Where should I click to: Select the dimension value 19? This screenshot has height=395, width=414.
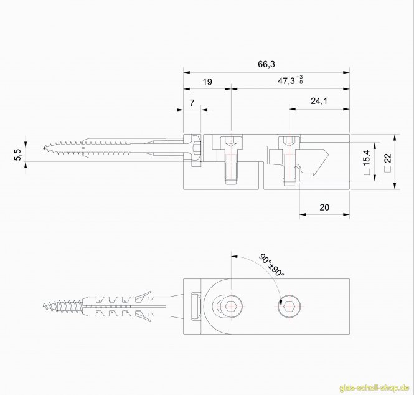207,82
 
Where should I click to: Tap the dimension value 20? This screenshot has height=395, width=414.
323,207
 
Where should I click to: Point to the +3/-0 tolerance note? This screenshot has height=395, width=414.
300,79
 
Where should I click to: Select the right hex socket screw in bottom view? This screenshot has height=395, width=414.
288,307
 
